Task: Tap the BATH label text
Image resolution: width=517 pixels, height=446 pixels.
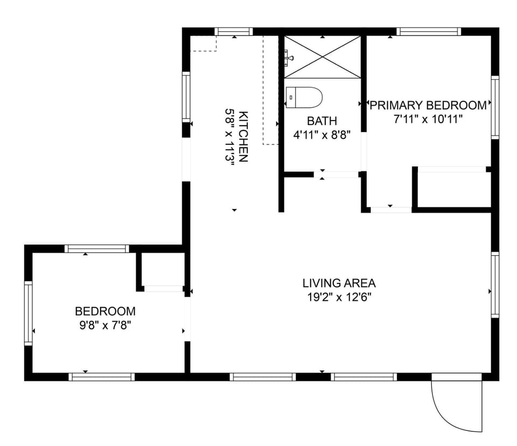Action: click(322, 121)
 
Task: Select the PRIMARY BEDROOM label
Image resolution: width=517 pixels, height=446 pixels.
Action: click(428, 105)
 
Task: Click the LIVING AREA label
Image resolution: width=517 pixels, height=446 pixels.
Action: click(339, 283)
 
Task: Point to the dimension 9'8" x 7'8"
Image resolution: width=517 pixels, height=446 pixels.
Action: click(105, 325)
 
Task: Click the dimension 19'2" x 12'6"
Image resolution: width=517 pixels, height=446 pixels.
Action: click(339, 297)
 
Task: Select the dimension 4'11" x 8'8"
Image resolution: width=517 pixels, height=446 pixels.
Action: click(322, 135)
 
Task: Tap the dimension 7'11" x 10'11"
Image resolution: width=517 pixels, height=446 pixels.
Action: click(428, 119)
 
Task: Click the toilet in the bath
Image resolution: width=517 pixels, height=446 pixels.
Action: click(304, 97)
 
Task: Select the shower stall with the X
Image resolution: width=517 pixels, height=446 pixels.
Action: click(322, 58)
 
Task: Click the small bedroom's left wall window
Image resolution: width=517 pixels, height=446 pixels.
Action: click(29, 312)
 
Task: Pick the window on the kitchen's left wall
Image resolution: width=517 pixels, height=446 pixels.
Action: click(186, 97)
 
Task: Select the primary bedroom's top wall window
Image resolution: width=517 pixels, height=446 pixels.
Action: click(429, 31)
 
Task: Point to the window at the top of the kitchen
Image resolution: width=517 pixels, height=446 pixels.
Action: click(234, 31)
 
